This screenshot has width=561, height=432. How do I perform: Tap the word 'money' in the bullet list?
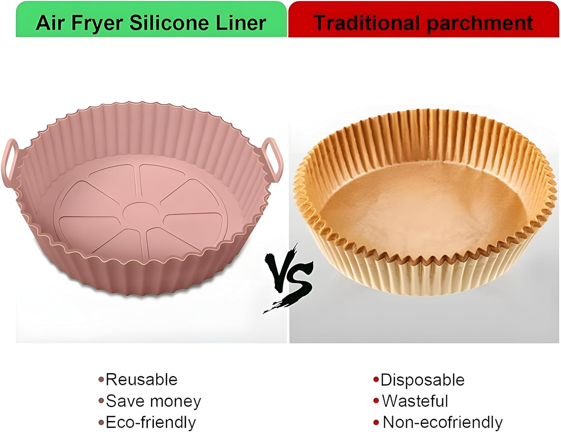[x=175, y=402]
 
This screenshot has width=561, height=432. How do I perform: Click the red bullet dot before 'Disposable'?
[x=376, y=380]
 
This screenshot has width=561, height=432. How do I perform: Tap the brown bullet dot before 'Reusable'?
[x=101, y=380]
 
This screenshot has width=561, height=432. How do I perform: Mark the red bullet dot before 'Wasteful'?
[x=376, y=401]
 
